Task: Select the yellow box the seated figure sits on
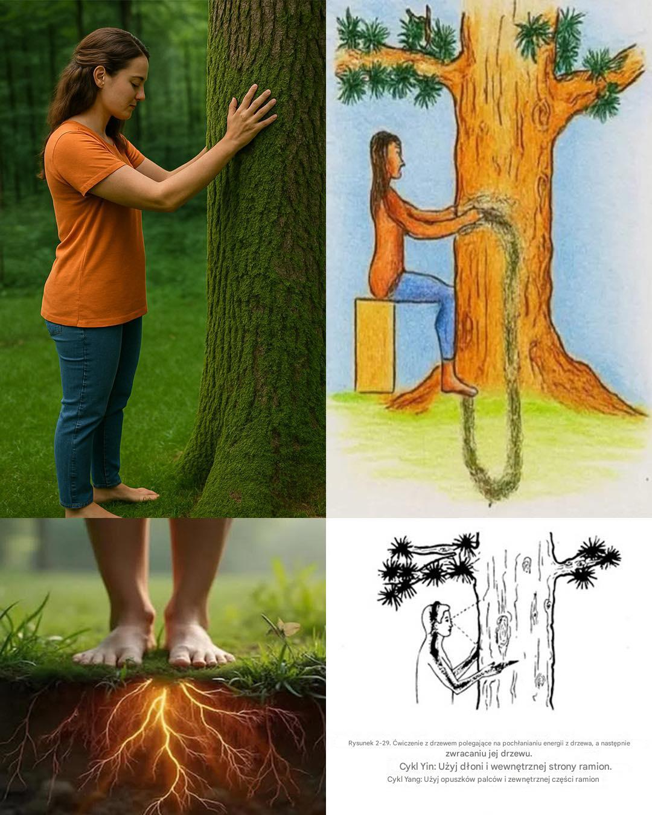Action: [375, 345]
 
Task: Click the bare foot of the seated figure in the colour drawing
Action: [458, 383]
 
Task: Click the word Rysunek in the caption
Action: [360, 743]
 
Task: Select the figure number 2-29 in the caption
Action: [383, 743]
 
